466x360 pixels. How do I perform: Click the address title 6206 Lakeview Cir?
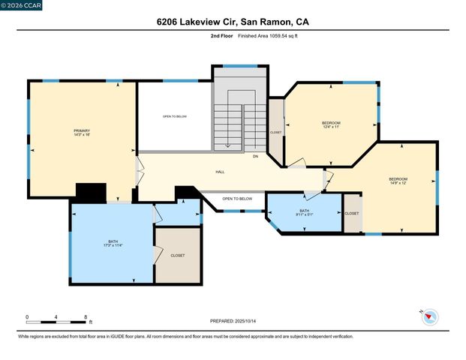coord(233,22)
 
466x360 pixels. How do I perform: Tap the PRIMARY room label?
coord(82,130)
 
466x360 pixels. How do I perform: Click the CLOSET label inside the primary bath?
coord(178,255)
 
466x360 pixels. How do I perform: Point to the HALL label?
coord(220,172)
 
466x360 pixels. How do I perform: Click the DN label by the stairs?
coord(255,156)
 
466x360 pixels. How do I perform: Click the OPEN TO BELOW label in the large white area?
coord(175,116)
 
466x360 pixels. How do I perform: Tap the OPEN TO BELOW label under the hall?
coord(237,198)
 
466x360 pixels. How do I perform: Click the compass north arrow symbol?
coord(428,316)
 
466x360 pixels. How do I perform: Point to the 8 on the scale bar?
coord(86,317)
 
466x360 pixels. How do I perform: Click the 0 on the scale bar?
coord(27,317)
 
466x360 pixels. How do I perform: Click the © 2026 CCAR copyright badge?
coord(22,5)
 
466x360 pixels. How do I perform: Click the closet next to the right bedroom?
coord(352,213)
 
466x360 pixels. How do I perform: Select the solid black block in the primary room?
coord(92,193)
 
